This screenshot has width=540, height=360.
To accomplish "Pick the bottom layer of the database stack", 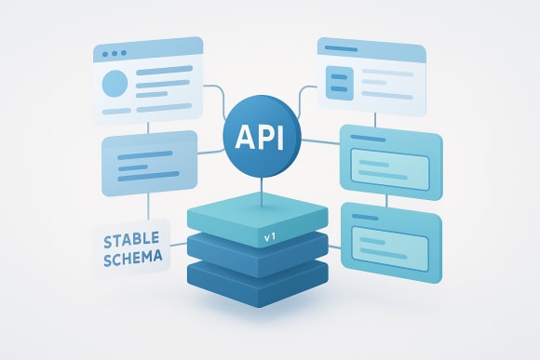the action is [260, 276].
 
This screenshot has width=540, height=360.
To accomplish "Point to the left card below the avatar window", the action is [148, 161].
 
